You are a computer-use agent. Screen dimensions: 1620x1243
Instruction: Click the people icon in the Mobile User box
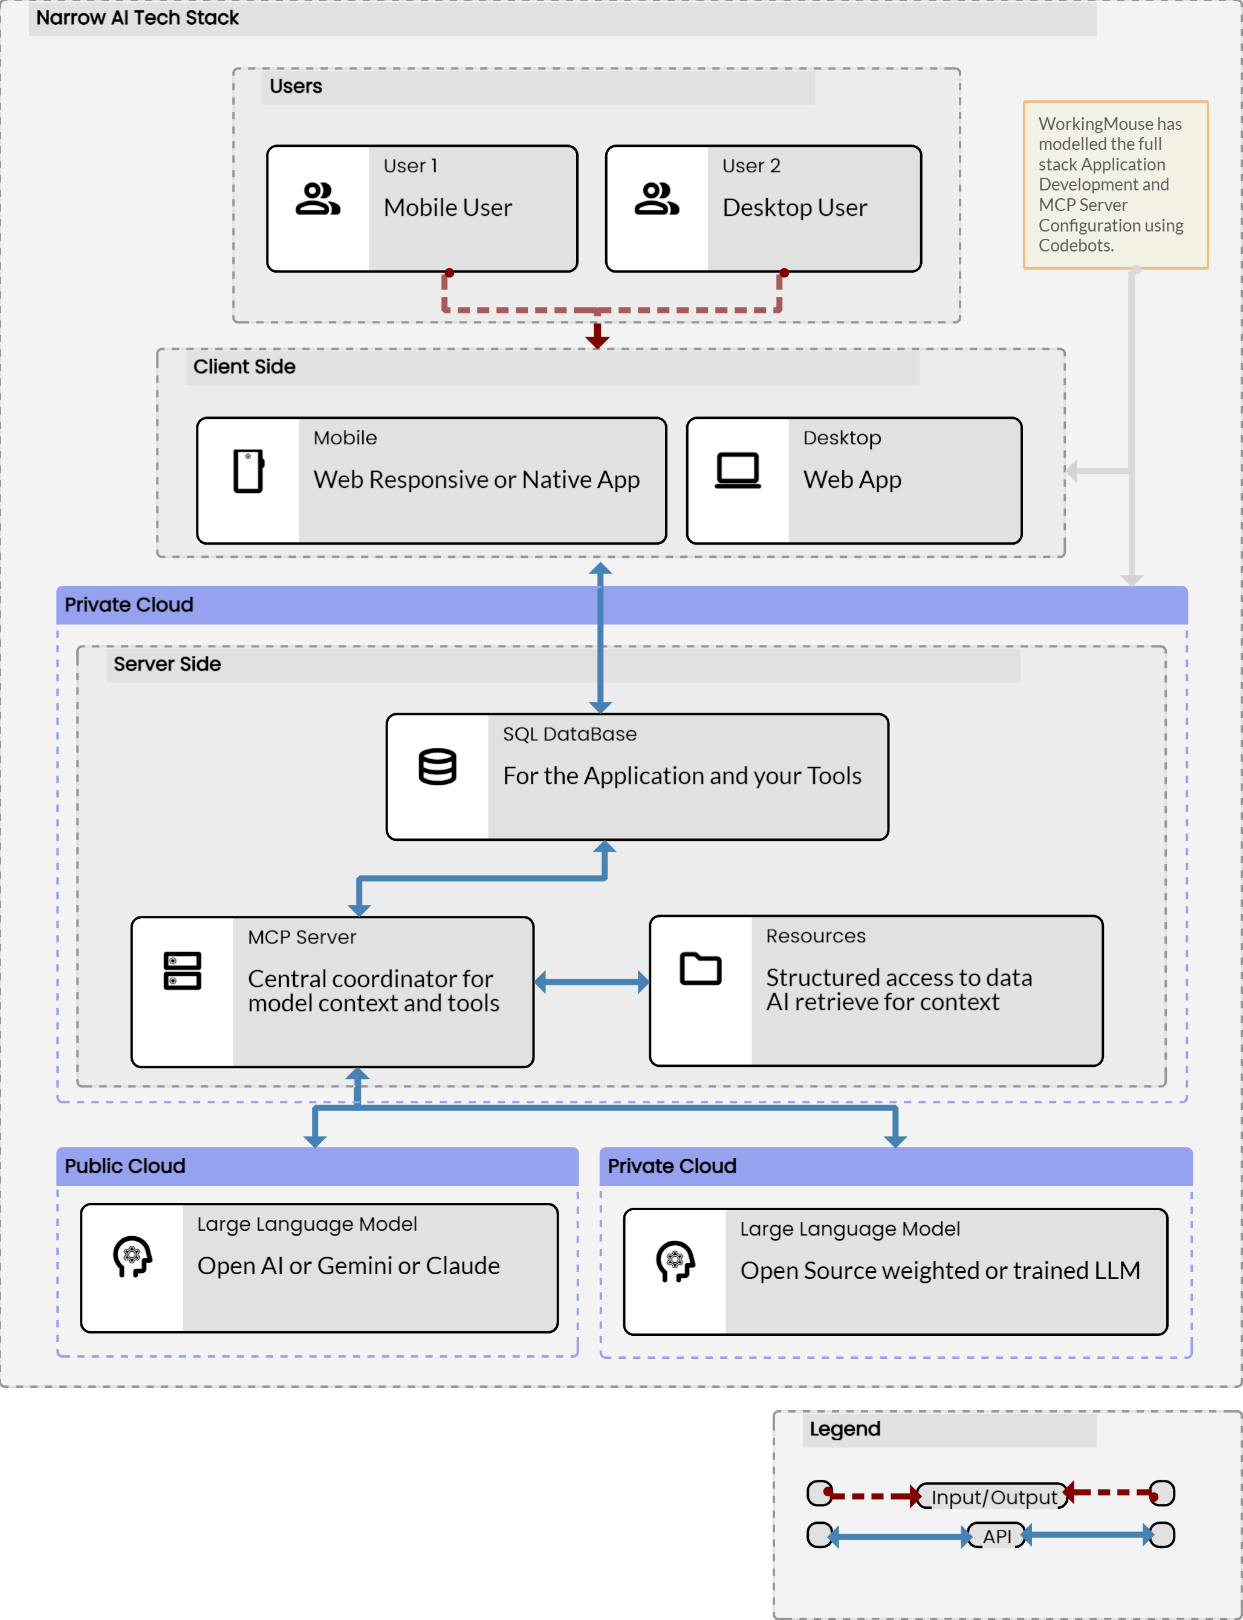(317, 199)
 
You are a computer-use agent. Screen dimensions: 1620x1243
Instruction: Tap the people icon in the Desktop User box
(657, 199)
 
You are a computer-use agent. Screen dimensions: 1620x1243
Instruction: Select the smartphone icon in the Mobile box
(248, 470)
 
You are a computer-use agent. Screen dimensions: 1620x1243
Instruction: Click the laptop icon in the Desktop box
(738, 470)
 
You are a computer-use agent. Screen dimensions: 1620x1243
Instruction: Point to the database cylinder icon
(437, 766)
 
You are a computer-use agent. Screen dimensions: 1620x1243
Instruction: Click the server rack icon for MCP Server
(182, 971)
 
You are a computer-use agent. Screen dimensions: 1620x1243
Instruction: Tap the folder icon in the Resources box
(700, 968)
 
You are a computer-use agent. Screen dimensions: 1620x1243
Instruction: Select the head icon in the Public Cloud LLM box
(132, 1256)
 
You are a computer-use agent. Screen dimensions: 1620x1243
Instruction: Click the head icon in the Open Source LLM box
(675, 1260)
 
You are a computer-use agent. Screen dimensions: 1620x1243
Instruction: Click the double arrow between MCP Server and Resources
(591, 982)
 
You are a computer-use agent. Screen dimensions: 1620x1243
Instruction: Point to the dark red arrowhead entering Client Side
(597, 340)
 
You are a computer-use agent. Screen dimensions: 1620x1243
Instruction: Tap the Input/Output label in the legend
(994, 1497)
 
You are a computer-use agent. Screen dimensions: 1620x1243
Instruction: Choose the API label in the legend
(996, 1537)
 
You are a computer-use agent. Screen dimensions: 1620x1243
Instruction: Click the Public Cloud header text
(125, 1166)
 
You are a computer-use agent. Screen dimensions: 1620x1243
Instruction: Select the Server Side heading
(167, 664)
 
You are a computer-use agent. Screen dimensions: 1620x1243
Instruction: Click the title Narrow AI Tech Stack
(138, 18)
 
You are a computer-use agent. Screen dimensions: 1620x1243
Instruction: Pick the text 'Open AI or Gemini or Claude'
(348, 1266)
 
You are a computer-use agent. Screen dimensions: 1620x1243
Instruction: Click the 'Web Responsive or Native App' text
(476, 479)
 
